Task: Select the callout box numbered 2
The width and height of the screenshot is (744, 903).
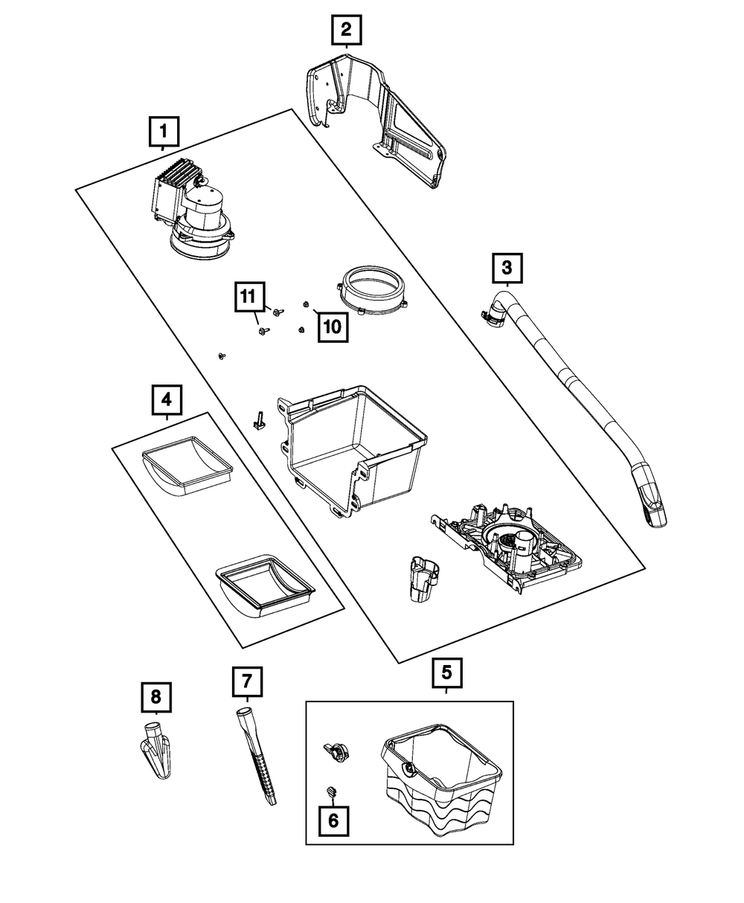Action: click(346, 30)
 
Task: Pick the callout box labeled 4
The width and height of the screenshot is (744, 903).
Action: click(167, 400)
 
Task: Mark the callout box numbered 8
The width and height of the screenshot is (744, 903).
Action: click(155, 697)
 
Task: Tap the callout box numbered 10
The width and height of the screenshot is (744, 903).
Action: click(333, 326)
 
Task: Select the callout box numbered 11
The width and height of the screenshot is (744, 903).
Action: click(250, 297)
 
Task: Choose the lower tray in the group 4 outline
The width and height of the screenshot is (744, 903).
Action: click(264, 585)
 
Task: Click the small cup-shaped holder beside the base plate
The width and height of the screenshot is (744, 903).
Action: click(423, 577)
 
